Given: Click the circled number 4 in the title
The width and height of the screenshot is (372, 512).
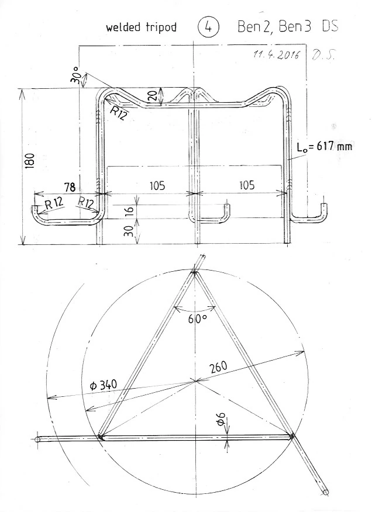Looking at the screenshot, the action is click(208, 27).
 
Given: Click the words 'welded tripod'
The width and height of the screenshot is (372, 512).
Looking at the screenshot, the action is click(141, 27).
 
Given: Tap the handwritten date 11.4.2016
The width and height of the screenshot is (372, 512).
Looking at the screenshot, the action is click(276, 55).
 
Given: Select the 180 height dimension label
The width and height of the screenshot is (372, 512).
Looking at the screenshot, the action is click(30, 160).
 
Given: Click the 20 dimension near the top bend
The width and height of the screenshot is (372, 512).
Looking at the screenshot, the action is click(154, 95).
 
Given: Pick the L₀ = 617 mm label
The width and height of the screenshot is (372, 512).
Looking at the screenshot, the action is click(324, 146).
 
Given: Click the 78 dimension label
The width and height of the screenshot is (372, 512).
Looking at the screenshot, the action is click(70, 188).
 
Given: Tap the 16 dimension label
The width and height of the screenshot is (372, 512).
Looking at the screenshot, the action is click(130, 210).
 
